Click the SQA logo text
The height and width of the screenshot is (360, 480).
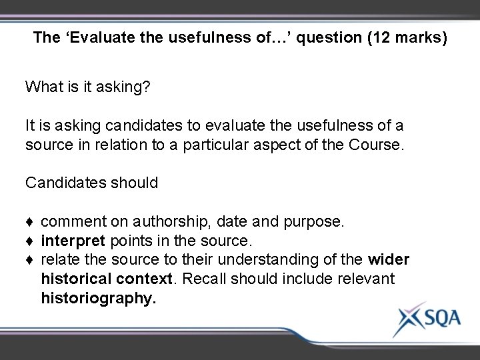click(437, 318)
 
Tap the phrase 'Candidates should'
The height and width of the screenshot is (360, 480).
click(91, 182)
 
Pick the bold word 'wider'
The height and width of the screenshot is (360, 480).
click(389, 259)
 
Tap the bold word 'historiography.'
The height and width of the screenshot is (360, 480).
click(99, 297)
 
